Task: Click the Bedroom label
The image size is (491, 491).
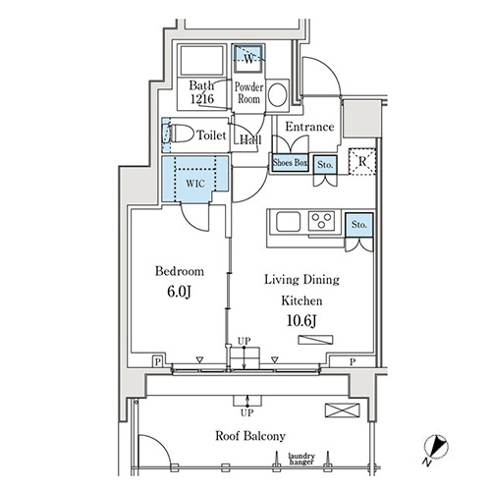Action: point(180,271)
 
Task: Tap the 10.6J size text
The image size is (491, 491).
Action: point(301,321)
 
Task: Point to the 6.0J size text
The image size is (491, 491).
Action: point(179,292)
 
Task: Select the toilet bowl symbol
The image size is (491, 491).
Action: point(180,134)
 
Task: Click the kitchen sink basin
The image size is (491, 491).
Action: point(288,222)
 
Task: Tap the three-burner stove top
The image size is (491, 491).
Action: point(321,221)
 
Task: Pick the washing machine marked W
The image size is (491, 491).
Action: point(248,58)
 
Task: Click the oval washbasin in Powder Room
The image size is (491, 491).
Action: point(278,95)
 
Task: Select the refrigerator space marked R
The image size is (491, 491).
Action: point(361,161)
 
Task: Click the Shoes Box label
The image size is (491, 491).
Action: point(290,162)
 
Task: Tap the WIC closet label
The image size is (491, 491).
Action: point(195,184)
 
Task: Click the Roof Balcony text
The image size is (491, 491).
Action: point(250,436)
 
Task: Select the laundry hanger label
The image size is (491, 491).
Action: point(301,459)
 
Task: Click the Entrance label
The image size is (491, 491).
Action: point(309,127)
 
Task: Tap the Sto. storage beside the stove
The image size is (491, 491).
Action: point(359,225)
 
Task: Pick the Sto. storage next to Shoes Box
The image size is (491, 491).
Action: point(325,164)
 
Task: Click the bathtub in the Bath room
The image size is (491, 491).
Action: point(202,61)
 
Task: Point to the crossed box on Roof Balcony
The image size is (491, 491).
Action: point(343,410)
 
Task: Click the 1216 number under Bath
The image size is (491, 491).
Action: point(202,98)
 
